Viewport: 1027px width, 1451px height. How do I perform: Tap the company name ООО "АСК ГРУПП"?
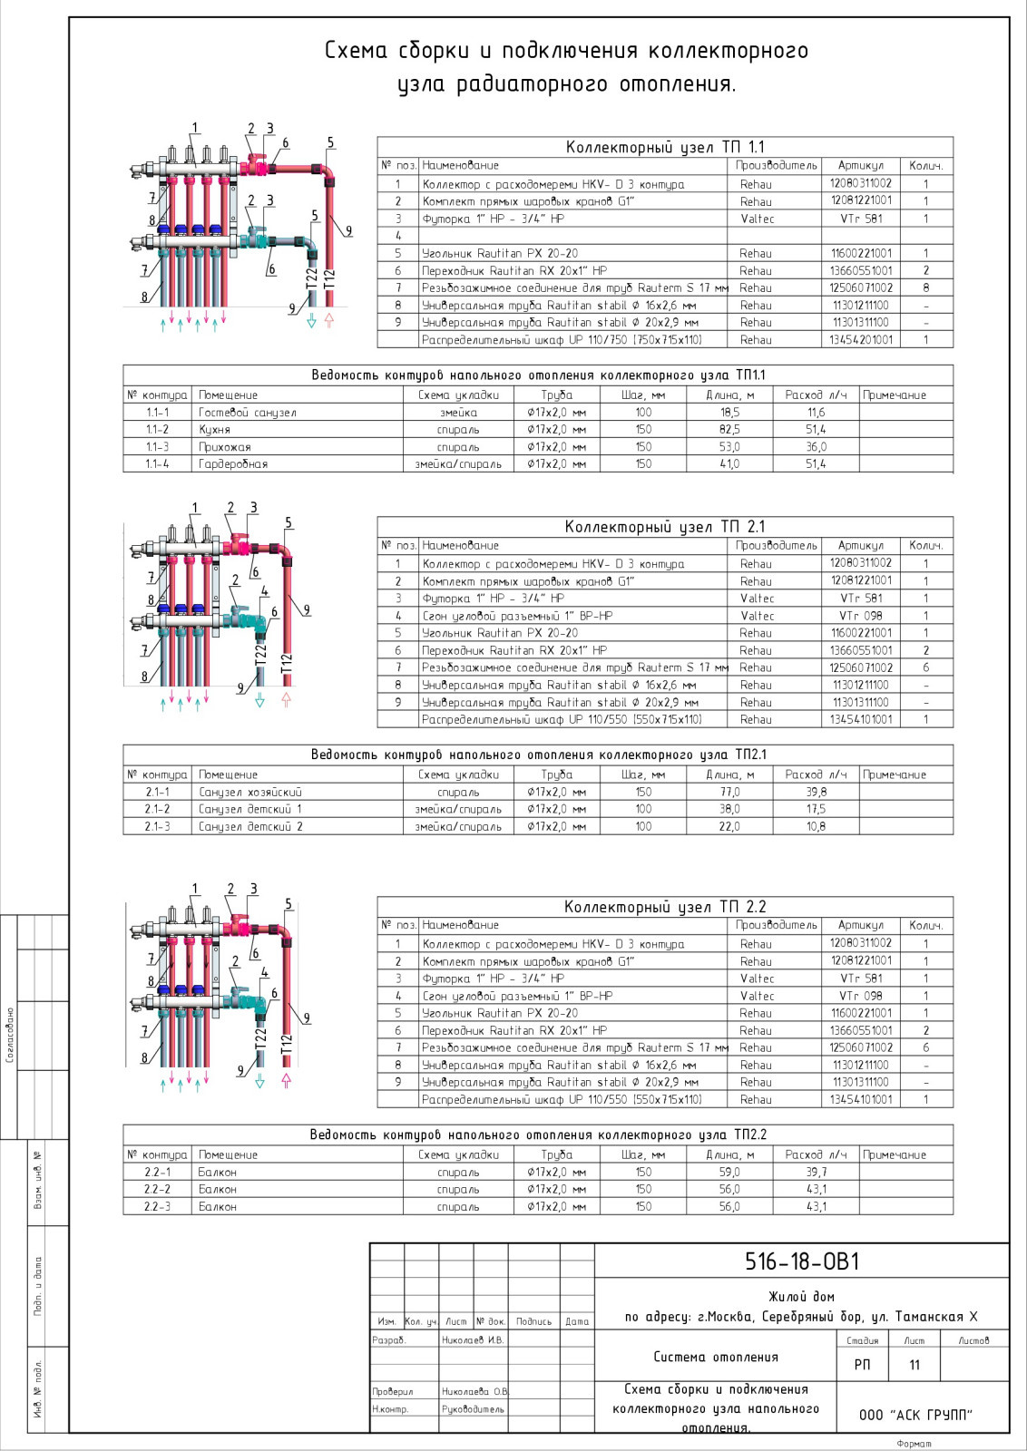[915, 1415]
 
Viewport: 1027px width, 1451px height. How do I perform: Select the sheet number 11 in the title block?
[915, 1365]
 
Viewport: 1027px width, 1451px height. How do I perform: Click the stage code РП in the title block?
[863, 1365]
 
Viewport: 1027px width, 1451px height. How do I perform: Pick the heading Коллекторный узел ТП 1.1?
[665, 147]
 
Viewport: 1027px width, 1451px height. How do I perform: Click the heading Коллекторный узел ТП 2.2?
[665, 906]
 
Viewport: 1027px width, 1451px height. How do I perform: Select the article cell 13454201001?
[861, 339]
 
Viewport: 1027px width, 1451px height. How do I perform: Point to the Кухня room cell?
[214, 430]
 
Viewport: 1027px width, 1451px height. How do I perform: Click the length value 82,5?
[729, 430]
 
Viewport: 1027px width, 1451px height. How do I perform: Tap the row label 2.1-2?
[158, 809]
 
